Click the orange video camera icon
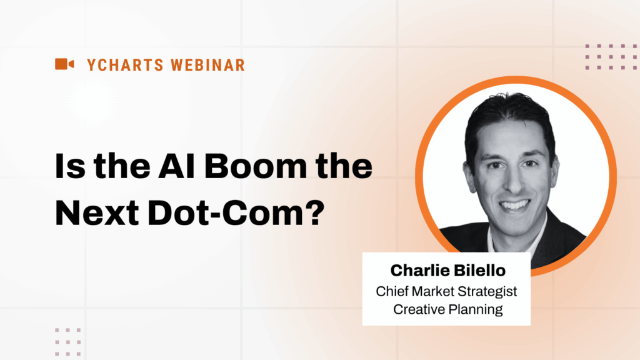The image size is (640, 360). (x=64, y=64)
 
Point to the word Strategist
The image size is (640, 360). (x=489, y=291)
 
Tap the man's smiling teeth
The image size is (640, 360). (x=514, y=204)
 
